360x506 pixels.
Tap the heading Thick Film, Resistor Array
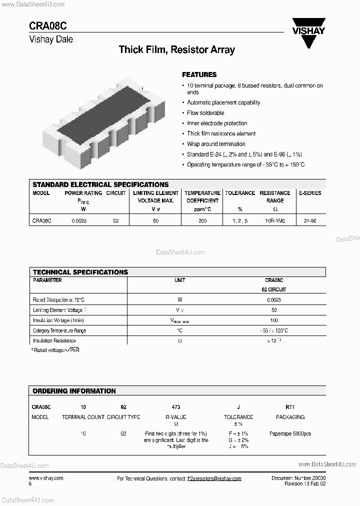tap(176, 49)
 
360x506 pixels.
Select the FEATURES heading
tap(199, 74)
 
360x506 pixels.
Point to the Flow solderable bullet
tap(205, 113)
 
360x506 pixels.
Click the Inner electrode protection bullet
tap(217, 123)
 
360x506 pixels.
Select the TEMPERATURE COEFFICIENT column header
tap(202, 196)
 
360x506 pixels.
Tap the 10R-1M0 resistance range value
tap(274, 220)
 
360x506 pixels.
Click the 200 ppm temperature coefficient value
tap(202, 220)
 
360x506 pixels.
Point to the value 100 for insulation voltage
tap(274, 320)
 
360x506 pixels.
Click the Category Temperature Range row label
tap(59, 330)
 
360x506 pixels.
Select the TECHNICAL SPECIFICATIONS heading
tap(80, 272)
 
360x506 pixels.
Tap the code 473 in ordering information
tap(175, 407)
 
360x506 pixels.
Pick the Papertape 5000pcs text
tap(290, 433)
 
